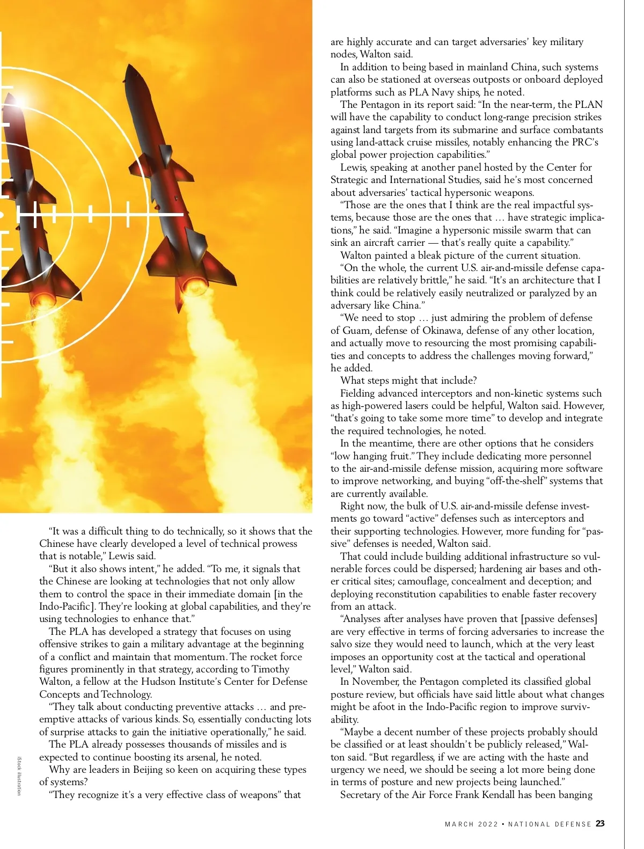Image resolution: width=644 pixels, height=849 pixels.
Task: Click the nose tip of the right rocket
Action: pos(129,66)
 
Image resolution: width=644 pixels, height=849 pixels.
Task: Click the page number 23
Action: pos(600,824)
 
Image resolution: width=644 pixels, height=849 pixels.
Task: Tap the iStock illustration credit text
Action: pos(19,775)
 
